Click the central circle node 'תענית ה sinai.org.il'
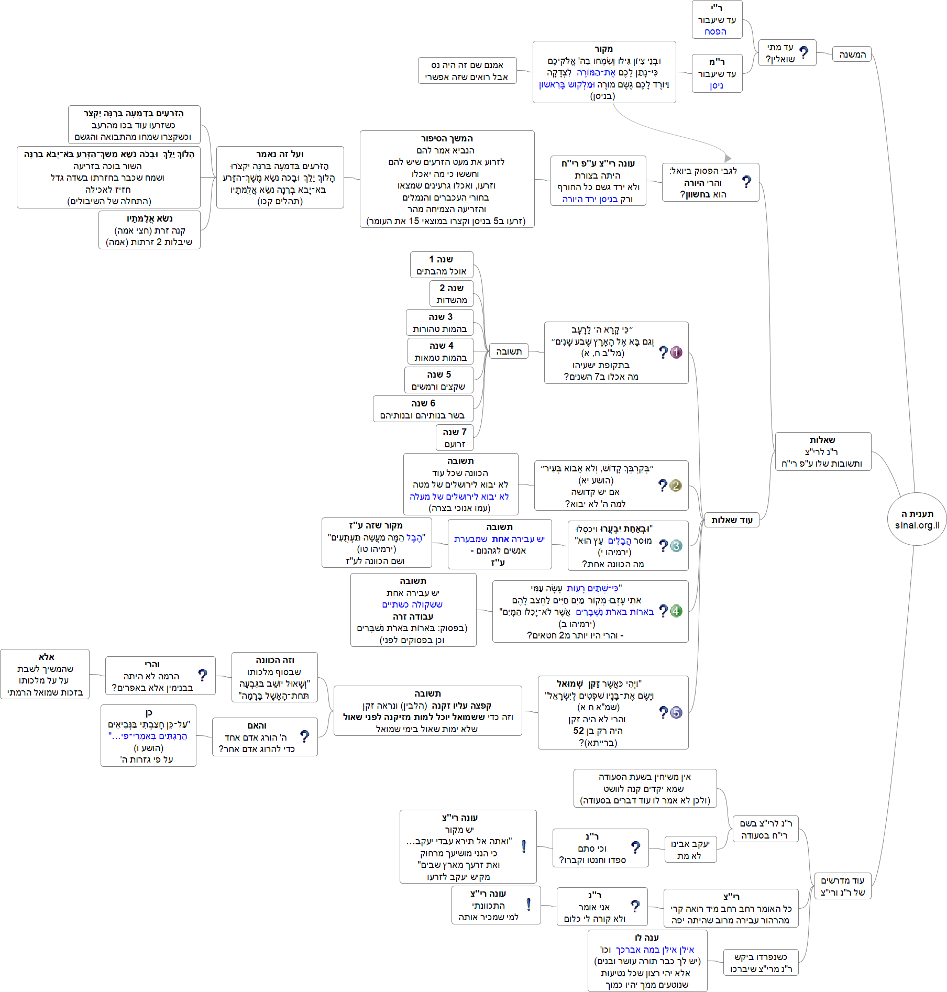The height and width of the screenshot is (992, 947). (917, 519)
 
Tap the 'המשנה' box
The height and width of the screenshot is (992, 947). (852, 54)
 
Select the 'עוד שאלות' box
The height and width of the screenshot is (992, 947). (731, 520)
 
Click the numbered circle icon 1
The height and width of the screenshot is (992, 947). (676, 352)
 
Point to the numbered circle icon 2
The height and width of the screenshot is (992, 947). (676, 486)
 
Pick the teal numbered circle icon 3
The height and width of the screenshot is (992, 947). (676, 546)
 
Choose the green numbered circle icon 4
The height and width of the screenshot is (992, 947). (676, 611)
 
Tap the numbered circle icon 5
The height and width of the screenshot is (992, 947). (676, 712)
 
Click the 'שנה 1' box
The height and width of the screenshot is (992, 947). (441, 265)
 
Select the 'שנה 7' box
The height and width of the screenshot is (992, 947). (454, 438)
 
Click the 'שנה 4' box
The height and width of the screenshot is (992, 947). (440, 351)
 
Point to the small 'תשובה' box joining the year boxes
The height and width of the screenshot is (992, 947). (509, 351)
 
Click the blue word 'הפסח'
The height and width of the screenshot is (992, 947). (715, 31)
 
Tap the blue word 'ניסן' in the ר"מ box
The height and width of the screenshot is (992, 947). (717, 85)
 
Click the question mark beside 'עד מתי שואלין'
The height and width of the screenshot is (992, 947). (804, 52)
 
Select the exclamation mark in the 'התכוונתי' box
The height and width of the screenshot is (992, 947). (528, 905)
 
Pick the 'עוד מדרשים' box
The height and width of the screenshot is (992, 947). (842, 886)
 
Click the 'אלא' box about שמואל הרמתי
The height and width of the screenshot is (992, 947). (45, 674)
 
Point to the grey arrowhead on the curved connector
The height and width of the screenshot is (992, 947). (728, 158)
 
